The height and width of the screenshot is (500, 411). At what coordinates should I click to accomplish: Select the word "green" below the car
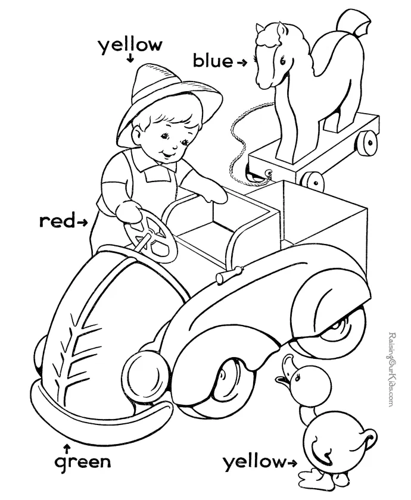pos(82,462)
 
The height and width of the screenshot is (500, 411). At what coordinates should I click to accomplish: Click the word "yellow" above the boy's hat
pos(130,45)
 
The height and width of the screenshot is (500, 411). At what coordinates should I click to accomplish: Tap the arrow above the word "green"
pos(66,445)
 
